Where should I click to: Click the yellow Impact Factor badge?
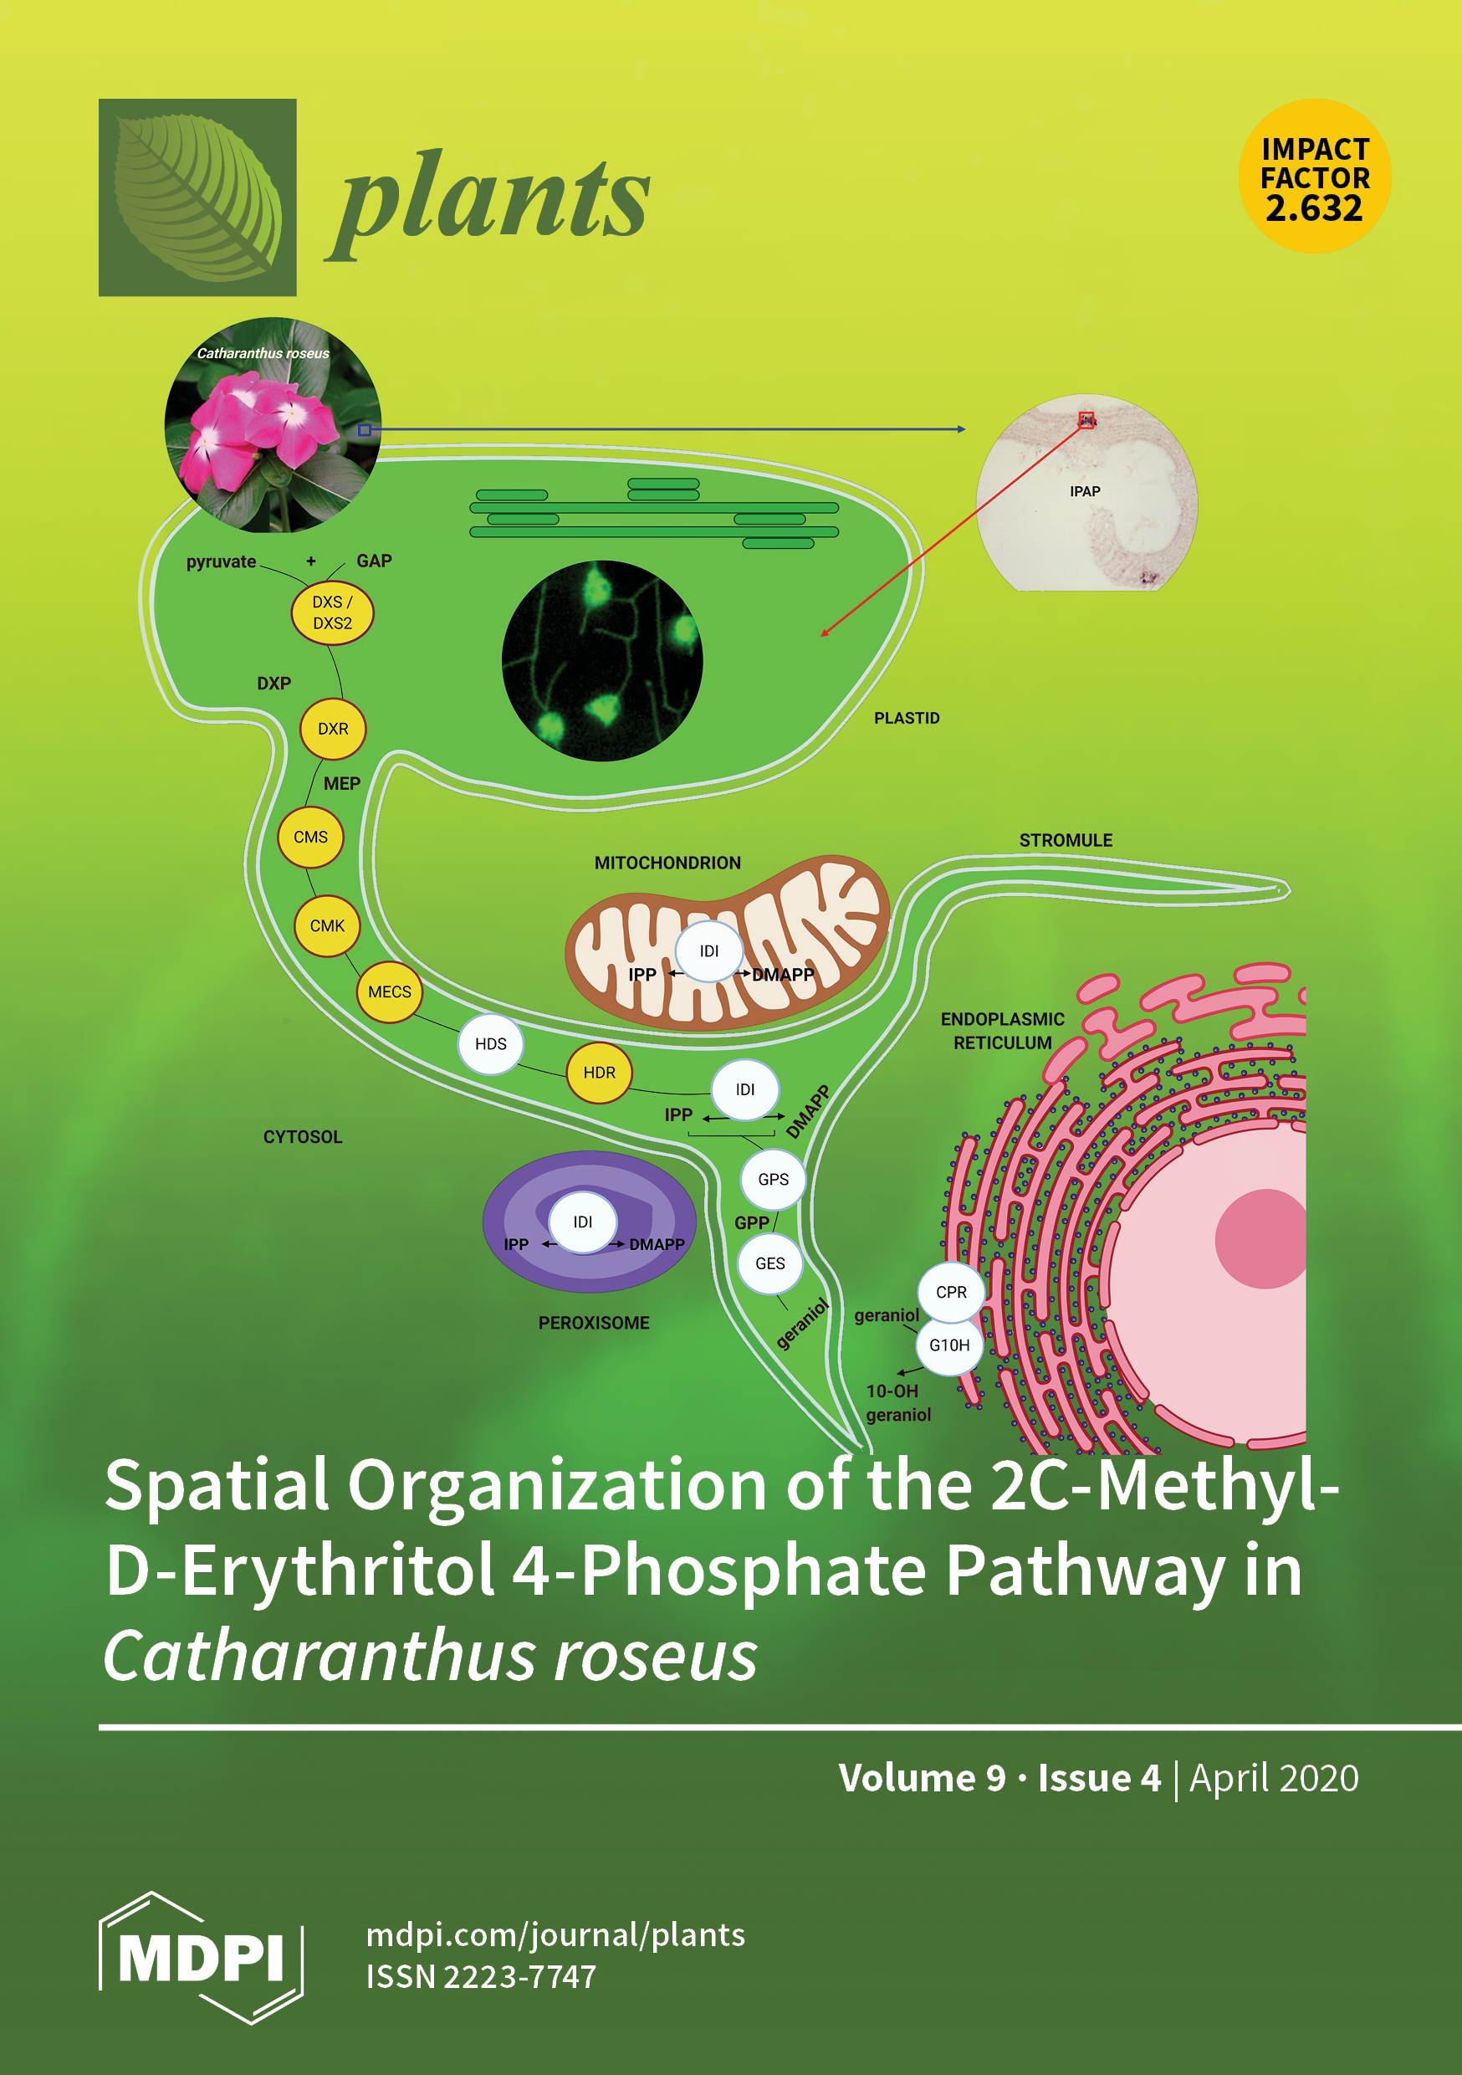pyautogui.click(x=1314, y=177)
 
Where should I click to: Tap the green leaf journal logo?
pyautogui.click(x=197, y=197)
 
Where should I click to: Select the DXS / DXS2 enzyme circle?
pyautogui.click(x=333, y=612)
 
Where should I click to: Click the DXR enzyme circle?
pyautogui.click(x=333, y=729)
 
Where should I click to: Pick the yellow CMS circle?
pyautogui.click(x=310, y=837)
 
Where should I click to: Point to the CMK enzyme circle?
pyautogui.click(x=327, y=925)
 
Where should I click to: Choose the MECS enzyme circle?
pyautogui.click(x=390, y=991)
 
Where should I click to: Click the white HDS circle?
pyautogui.click(x=491, y=1044)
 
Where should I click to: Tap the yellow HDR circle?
pyautogui.click(x=599, y=1073)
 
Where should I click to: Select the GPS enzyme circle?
pyautogui.click(x=774, y=1180)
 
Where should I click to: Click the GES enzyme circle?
pyautogui.click(x=769, y=1263)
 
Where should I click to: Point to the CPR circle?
pyautogui.click(x=951, y=1293)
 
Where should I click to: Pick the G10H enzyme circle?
pyautogui.click(x=948, y=1345)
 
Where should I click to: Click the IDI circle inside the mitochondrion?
pyautogui.click(x=709, y=950)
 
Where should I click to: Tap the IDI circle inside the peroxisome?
pyautogui.click(x=583, y=1222)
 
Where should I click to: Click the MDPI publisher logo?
pyautogui.click(x=201, y=1958)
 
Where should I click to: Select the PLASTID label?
pyautogui.click(x=907, y=719)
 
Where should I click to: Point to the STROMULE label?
pyautogui.click(x=1066, y=841)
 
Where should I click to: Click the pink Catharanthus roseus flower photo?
pyautogui.click(x=272, y=425)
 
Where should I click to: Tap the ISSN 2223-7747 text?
pyautogui.click(x=481, y=1977)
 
